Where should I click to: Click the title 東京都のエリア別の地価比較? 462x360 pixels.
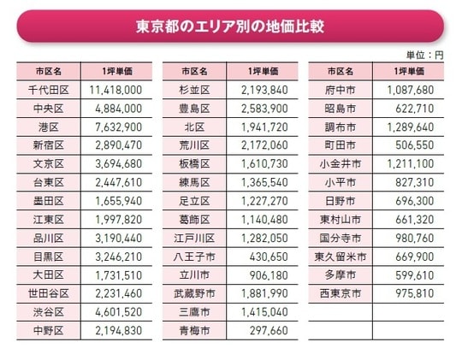click(x=230, y=26)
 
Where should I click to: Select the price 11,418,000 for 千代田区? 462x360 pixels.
click(x=115, y=89)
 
